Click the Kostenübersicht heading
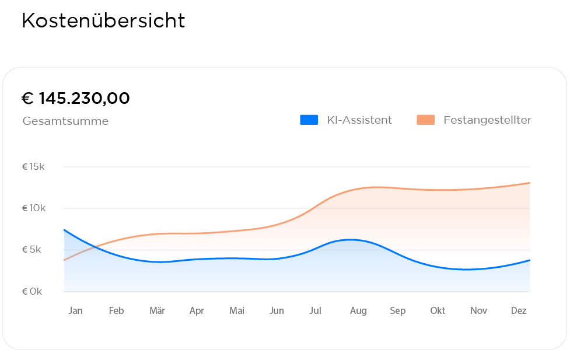[103, 21]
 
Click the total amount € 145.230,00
[75, 99]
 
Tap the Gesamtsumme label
[65, 121]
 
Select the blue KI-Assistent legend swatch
[309, 120]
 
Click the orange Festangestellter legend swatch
[425, 120]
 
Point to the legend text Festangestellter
[487, 120]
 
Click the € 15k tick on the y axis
[33, 167]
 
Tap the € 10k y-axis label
[33, 208]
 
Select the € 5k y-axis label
[32, 250]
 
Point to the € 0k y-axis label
[32, 291]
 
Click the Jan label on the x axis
[75, 311]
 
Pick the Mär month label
[157, 311]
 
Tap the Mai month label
[237, 311]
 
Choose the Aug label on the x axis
[358, 311]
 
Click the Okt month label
[438, 311]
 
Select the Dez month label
[519, 311]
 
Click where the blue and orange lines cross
[95, 247]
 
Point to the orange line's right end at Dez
[529, 183]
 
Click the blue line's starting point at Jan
[64, 230]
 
